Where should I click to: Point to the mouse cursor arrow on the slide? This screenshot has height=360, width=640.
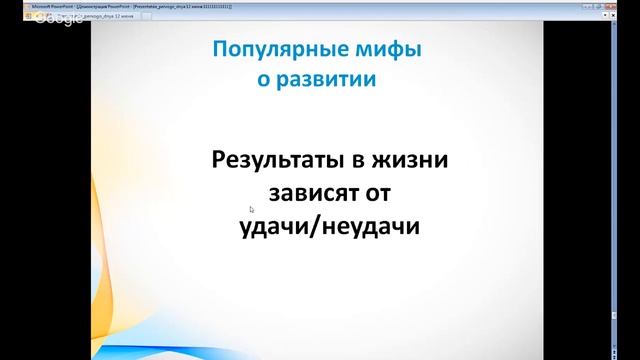(x=251, y=209)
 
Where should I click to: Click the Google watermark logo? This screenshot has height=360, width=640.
(x=30, y=21)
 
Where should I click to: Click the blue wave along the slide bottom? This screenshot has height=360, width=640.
(x=300, y=345)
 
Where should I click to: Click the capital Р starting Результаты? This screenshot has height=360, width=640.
(x=218, y=159)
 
